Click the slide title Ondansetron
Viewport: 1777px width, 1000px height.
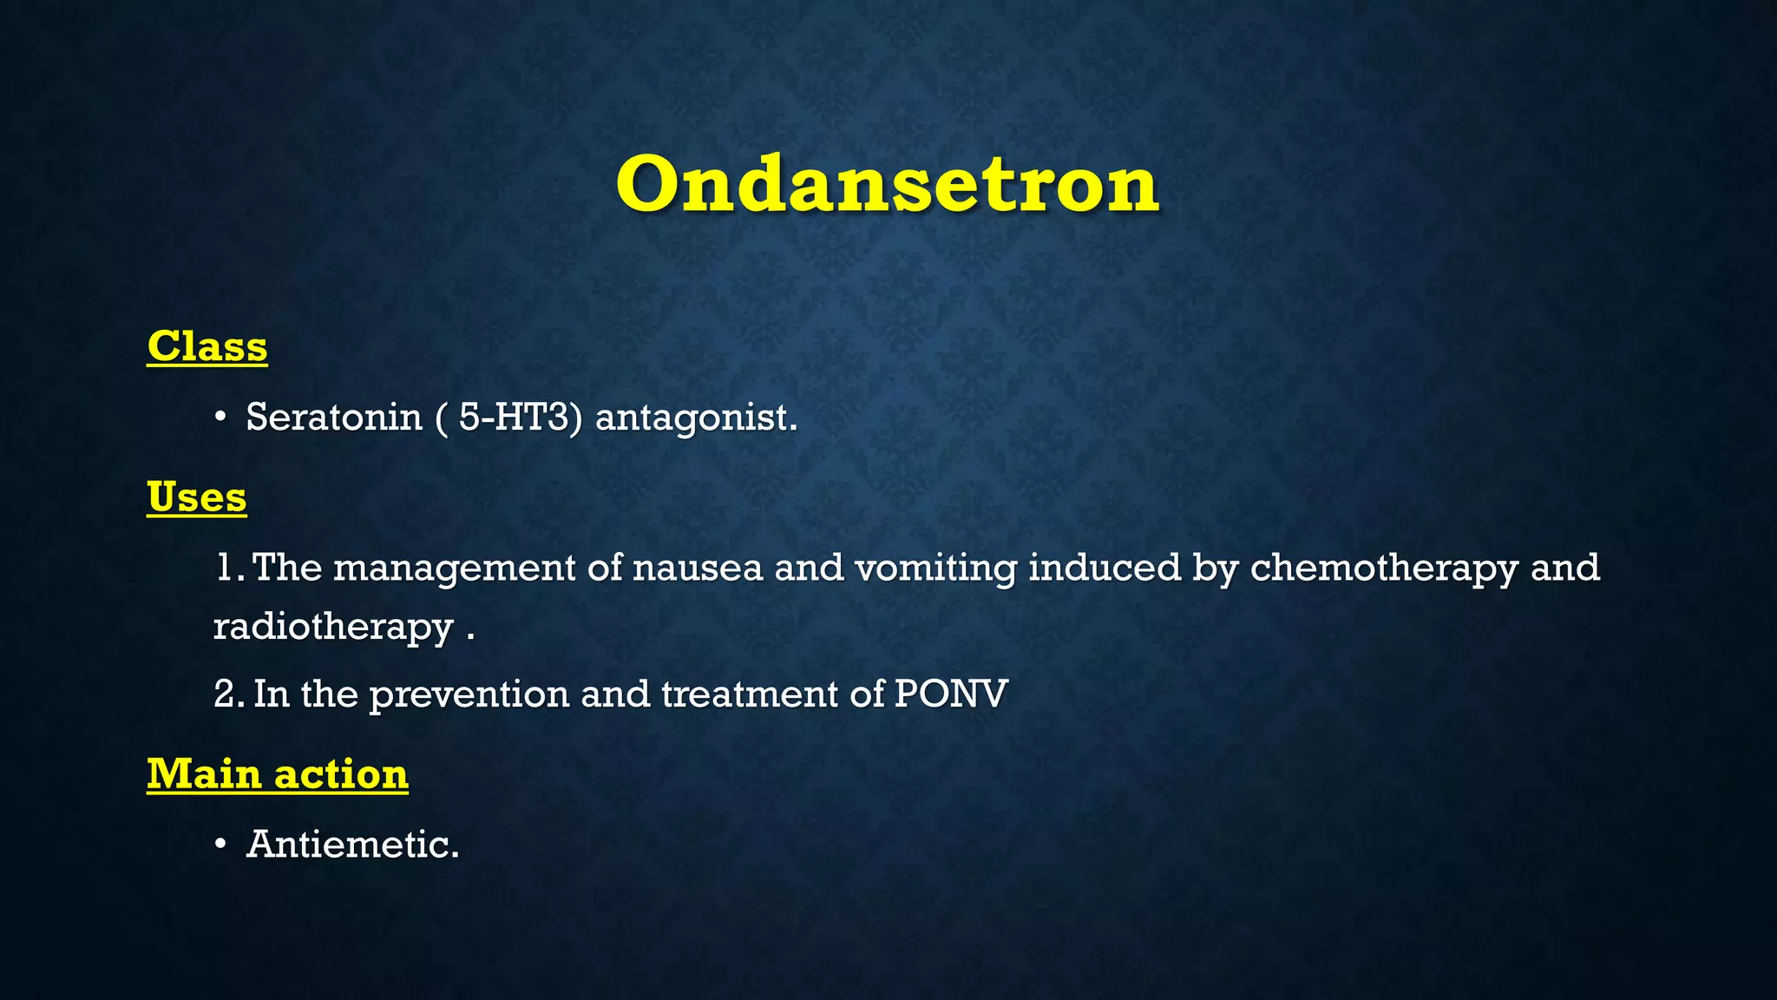pyautogui.click(x=887, y=184)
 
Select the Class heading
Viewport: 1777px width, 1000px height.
pyautogui.click(x=207, y=346)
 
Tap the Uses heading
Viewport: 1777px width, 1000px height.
pyautogui.click(x=197, y=497)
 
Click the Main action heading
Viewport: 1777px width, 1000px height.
pyautogui.click(x=277, y=773)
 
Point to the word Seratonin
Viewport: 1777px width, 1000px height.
pyautogui.click(x=334, y=418)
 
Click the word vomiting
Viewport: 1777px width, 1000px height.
pyautogui.click(x=935, y=569)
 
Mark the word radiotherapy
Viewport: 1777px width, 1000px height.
pyautogui.click(x=333, y=627)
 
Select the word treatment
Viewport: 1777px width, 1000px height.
pyautogui.click(x=749, y=694)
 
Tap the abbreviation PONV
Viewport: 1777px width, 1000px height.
pyautogui.click(x=951, y=694)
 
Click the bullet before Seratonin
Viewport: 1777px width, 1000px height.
pyautogui.click(x=220, y=418)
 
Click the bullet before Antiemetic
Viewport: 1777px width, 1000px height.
pyautogui.click(x=220, y=845)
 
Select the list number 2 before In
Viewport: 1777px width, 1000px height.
pyautogui.click(x=223, y=694)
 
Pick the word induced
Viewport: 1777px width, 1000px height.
pyautogui.click(x=1104, y=569)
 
